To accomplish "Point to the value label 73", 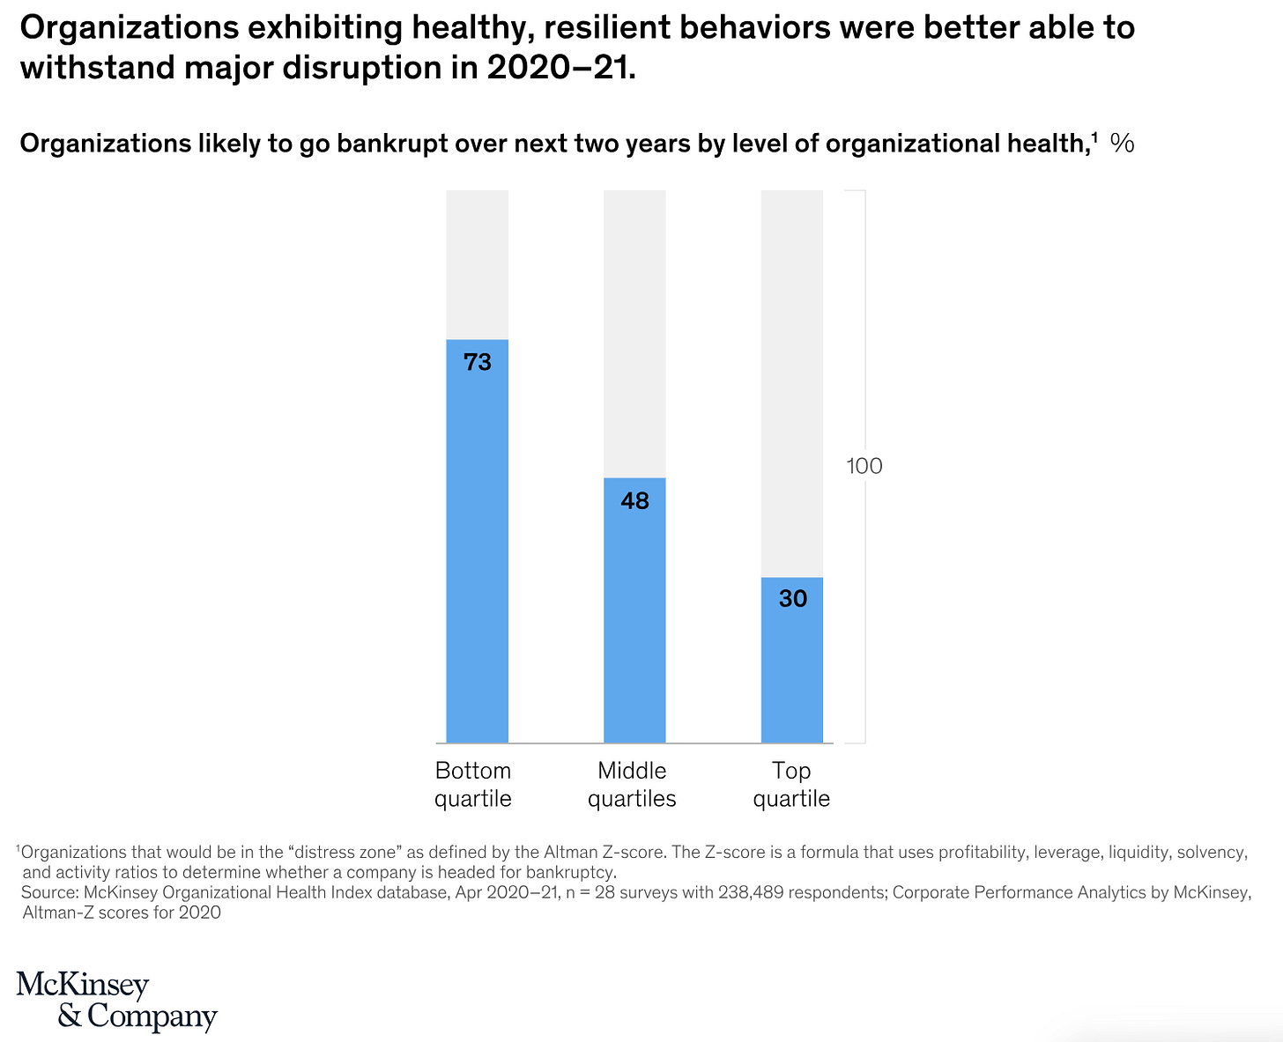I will click(478, 362).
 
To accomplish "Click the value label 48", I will click(634, 501).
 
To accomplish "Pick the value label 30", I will click(792, 599).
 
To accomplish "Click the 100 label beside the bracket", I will click(864, 466).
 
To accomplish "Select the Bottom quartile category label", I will click(473, 784).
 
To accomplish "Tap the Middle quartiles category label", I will click(632, 784).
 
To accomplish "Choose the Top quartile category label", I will click(791, 784).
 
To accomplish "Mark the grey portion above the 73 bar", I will click(477, 264).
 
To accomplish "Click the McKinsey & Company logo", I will click(116, 1001).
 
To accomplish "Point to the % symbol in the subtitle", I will click(1122, 143).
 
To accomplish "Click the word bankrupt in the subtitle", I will click(386, 143).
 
